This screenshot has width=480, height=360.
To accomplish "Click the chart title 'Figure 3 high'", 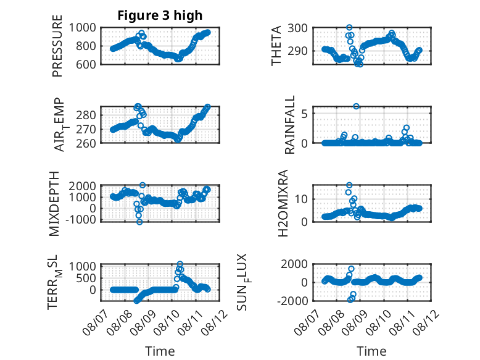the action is coord(160,15).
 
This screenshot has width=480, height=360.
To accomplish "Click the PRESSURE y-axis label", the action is coord(57,46).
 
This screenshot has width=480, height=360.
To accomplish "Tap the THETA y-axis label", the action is coord(276,46).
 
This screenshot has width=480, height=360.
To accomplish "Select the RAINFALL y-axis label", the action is coord(289,125).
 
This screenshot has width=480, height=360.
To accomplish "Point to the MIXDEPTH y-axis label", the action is coord(54,204).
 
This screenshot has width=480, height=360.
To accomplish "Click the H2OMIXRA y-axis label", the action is coord(283,203).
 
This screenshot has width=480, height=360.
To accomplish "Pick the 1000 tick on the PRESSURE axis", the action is coord(82,28).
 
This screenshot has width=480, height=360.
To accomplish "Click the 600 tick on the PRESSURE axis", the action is coord(86,64).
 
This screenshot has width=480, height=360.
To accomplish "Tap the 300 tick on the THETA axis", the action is coord(297,28).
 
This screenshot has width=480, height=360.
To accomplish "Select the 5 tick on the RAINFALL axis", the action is coord(304,114).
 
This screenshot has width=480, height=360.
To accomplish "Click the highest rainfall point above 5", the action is coord(356,106).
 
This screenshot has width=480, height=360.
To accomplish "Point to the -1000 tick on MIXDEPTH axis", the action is coord(80,220).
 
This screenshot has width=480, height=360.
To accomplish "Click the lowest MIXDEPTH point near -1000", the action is coord(139,222).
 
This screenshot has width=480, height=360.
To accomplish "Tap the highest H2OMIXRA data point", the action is coord(349,185).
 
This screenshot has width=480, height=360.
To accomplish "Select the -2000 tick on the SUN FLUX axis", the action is coord(292,301).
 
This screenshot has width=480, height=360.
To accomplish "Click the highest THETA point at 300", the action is coord(349,28).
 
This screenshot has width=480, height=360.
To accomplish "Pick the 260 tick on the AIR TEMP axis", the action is coord(86,143).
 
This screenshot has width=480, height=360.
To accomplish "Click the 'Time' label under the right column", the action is coord(371,351).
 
